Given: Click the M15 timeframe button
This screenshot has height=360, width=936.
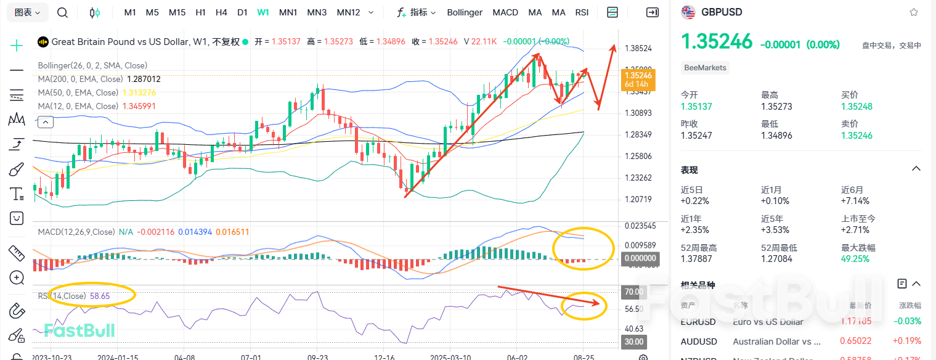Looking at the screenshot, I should click(x=177, y=12).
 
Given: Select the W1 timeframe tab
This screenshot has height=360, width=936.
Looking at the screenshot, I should click(x=263, y=12).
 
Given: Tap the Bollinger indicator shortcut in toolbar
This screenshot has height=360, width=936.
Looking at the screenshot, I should click(x=465, y=12).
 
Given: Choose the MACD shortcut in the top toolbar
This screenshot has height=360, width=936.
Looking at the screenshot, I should click(x=505, y=12).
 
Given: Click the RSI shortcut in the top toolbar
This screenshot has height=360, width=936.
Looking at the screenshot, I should click(x=582, y=12).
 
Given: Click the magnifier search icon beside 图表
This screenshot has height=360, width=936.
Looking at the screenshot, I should click(x=62, y=12).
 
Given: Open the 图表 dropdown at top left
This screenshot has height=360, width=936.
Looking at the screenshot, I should click(x=28, y=12).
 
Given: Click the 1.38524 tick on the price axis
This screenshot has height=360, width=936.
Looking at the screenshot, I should click(x=638, y=47).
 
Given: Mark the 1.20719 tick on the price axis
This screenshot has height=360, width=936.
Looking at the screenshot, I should click(x=638, y=199).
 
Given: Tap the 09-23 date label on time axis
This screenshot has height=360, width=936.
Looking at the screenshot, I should click(x=317, y=357).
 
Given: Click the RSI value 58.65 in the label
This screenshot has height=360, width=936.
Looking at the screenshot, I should click(x=100, y=296).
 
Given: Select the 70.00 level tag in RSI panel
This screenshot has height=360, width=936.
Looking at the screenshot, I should click(x=633, y=292).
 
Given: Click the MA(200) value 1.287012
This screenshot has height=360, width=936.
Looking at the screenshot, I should click(x=144, y=79).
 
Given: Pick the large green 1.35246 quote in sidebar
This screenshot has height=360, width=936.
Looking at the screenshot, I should click(x=716, y=42).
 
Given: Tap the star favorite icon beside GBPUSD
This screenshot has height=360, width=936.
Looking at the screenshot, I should click(x=914, y=12).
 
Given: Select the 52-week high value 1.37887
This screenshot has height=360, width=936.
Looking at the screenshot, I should click(x=697, y=259).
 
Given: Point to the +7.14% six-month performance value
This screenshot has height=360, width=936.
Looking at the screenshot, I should click(x=855, y=201).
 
